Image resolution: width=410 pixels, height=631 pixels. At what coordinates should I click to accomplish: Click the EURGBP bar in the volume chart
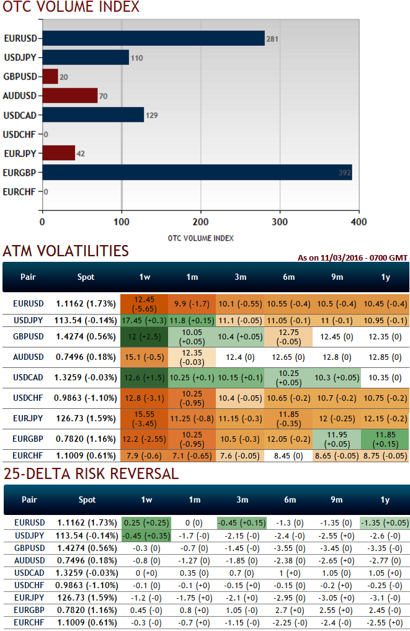(x=197, y=172)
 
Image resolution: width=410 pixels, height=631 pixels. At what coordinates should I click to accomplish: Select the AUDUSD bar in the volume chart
(x=69, y=96)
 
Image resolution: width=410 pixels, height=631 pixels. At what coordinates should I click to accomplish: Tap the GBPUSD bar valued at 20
(x=50, y=76)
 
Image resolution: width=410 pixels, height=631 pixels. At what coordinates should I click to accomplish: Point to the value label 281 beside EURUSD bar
(x=272, y=39)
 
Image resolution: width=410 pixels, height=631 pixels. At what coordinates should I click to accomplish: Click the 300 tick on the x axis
(x=280, y=222)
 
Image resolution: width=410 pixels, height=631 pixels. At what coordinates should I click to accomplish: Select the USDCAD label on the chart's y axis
(x=19, y=115)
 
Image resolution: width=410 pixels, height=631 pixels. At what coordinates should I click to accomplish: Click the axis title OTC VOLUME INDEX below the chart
(x=200, y=238)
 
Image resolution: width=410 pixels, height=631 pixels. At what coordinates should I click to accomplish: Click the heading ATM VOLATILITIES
(x=66, y=251)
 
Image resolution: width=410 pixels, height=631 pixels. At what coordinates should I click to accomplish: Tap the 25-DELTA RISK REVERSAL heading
(x=91, y=474)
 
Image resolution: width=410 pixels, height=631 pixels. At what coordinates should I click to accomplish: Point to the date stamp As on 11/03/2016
(x=352, y=257)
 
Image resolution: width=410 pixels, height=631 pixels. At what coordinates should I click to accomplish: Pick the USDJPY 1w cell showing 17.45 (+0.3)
(x=144, y=321)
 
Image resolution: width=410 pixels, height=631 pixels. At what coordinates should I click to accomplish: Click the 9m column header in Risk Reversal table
(x=336, y=499)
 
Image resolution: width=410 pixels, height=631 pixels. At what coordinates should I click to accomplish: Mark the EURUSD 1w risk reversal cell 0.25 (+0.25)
(x=144, y=522)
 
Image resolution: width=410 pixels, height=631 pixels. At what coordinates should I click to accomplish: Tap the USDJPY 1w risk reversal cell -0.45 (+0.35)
(x=144, y=535)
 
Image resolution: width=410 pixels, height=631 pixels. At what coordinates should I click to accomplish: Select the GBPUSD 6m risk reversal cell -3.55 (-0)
(x=288, y=548)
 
